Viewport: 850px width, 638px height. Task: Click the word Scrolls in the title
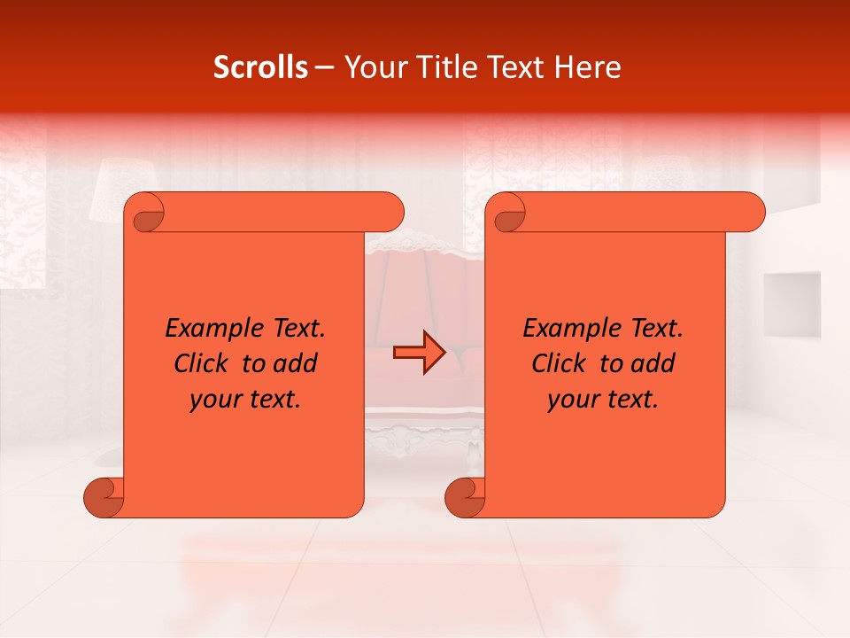[260, 67]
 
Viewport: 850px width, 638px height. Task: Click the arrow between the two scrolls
[419, 353]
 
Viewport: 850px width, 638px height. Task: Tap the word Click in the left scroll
[203, 363]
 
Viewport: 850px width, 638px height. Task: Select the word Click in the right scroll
[560, 363]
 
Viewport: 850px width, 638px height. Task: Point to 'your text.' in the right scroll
[603, 400]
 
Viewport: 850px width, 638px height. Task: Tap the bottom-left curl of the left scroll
[103, 497]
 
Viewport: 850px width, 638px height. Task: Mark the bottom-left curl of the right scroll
[464, 497]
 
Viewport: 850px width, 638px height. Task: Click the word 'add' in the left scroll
[296, 363]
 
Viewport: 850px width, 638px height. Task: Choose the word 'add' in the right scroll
[653, 363]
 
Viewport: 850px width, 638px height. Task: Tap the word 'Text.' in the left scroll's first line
[297, 329]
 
